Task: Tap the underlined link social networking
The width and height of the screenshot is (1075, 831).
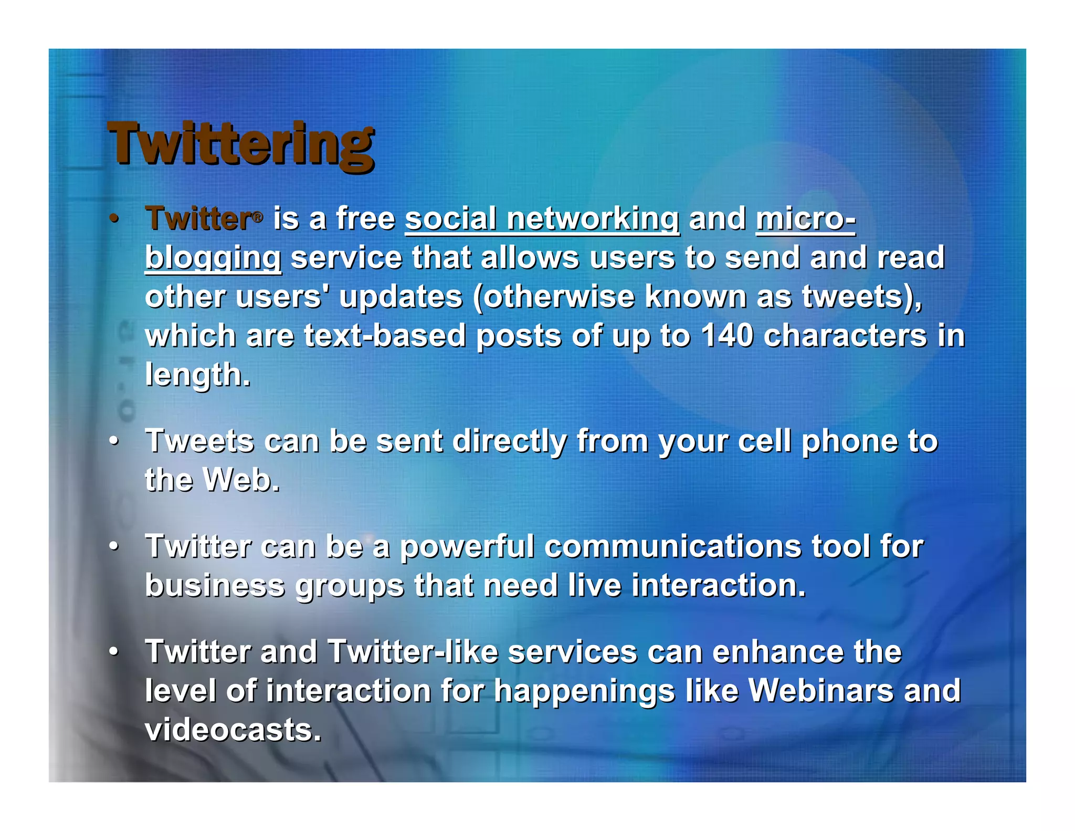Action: coord(542,219)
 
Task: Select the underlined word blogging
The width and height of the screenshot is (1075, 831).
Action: coord(213,258)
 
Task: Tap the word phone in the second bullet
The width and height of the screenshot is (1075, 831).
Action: coord(850,441)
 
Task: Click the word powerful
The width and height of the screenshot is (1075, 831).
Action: coord(467,546)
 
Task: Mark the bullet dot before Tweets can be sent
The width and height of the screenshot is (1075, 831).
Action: coord(114,442)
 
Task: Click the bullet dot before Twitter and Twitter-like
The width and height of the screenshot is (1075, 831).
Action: coord(114,652)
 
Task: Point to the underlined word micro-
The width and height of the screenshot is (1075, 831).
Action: coord(806,219)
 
